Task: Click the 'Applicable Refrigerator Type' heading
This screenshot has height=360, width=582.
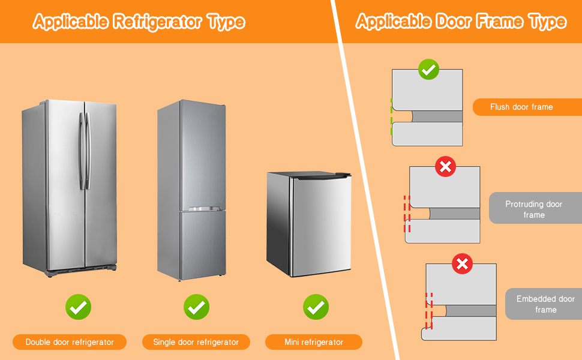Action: coord(139,22)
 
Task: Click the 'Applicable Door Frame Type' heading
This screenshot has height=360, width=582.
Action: coord(461,22)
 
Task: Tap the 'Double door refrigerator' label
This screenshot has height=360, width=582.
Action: coord(70,342)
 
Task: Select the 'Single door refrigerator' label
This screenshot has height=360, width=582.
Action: coord(196,342)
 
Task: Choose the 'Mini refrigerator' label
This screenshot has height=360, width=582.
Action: coord(314,342)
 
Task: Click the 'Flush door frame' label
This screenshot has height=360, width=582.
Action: coord(521,107)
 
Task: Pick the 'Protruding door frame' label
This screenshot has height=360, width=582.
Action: coord(534,209)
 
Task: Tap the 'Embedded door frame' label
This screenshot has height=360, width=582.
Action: coord(545,304)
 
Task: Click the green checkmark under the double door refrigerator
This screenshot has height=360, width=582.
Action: coord(78,307)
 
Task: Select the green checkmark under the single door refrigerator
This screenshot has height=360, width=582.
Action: coord(196,307)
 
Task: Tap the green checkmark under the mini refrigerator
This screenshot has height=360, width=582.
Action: coord(315,307)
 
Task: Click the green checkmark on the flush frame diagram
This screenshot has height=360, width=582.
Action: coord(428,70)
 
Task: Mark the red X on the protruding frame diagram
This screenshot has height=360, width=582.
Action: coord(445,166)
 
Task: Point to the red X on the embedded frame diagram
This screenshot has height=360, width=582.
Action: coord(461,263)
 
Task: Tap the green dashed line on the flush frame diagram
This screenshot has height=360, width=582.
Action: coord(392,117)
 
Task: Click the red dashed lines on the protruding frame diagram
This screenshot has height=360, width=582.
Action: coord(407,213)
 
